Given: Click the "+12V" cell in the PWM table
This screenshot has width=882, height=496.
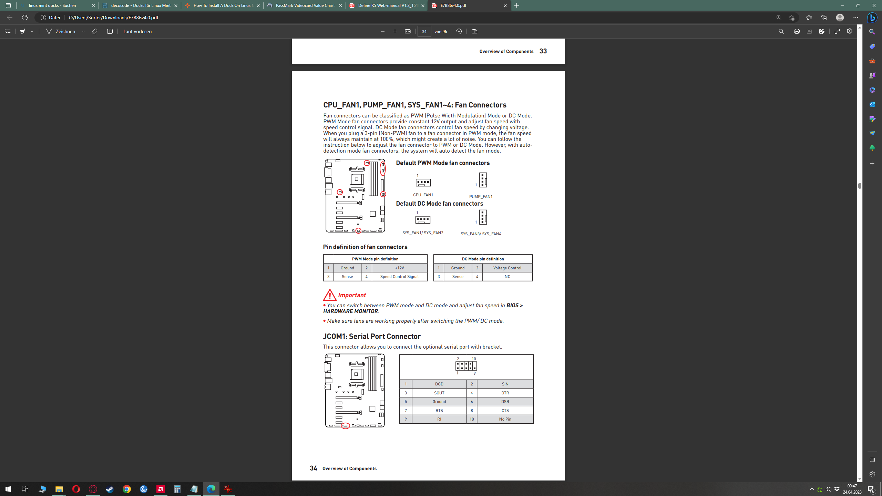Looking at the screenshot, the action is (x=399, y=268).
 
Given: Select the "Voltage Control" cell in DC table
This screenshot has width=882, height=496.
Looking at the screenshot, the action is (x=507, y=268).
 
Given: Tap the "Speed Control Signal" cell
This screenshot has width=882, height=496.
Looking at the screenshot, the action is (x=399, y=277).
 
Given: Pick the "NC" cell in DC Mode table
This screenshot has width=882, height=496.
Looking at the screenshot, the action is (x=507, y=277).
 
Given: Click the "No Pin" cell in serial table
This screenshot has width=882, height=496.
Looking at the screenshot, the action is (x=505, y=419).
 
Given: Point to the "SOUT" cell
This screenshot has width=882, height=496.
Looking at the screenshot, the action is (x=439, y=393).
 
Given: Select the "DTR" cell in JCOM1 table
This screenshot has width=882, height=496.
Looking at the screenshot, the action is (x=505, y=393).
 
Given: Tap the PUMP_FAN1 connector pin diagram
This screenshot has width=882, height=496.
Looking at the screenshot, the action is (x=483, y=180).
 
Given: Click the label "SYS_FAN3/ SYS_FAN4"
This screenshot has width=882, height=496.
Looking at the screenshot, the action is (x=481, y=234).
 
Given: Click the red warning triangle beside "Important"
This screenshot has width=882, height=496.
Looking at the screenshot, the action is (x=330, y=295).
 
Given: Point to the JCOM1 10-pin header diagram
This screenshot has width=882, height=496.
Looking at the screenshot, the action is (x=466, y=366).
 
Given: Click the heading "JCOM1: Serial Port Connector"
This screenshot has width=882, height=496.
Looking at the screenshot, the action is (x=372, y=336).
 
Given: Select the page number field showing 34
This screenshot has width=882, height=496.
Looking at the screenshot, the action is (x=424, y=31).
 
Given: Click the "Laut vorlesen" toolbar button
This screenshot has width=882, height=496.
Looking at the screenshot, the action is (x=137, y=31).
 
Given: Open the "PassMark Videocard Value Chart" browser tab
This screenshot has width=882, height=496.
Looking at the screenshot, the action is (x=305, y=6).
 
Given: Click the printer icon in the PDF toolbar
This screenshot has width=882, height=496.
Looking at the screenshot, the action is (x=797, y=31).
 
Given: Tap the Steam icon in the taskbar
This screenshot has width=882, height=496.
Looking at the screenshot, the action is (x=110, y=489).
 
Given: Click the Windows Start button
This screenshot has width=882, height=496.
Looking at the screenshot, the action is (x=8, y=489).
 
